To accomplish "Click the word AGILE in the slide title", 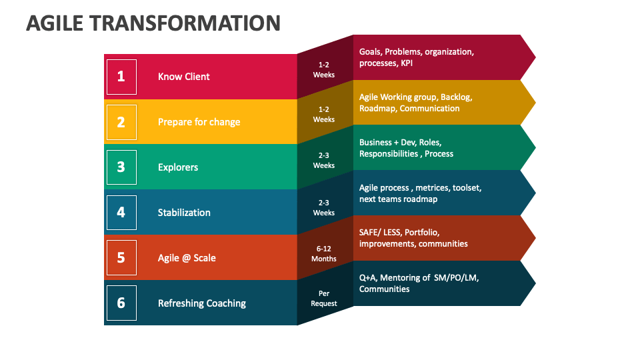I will point(55,23).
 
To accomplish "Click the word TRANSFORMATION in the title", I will point(185,23).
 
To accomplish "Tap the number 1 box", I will point(121,77).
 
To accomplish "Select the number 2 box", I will point(121,122).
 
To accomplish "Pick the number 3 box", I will point(121,167).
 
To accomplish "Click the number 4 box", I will point(121,213).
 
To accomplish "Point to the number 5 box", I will point(121,257).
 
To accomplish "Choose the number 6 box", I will point(121,303).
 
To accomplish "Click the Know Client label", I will point(183,77).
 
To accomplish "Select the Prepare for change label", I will point(199,122).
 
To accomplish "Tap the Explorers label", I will point(178,167).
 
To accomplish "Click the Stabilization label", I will point(184,213).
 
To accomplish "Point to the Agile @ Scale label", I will point(187,258).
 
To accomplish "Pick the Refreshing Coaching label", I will point(201,303).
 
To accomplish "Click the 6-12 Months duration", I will point(324,253).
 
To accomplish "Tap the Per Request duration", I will point(324,298).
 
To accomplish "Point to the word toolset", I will point(466,188).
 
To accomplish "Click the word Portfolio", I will point(422,233).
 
